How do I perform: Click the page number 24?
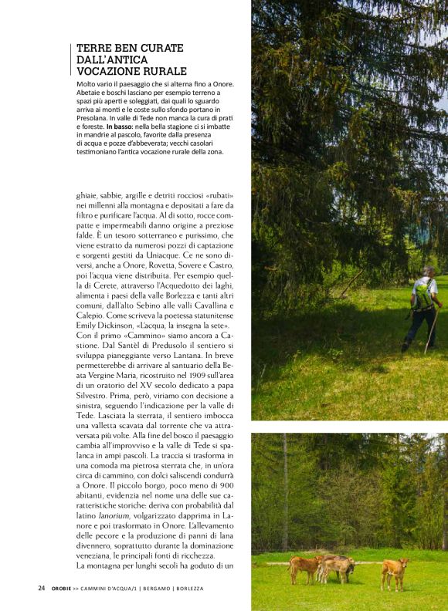(x=42, y=588)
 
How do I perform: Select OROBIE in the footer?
(x=63, y=588)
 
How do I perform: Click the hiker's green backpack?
(x=423, y=296)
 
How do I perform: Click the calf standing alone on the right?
(x=395, y=572)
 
